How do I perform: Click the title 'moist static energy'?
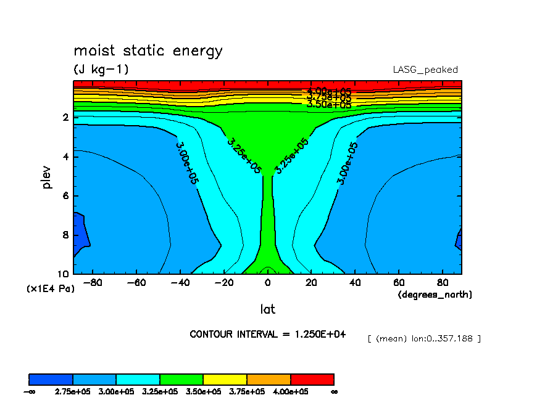click(x=148, y=51)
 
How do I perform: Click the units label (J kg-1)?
click(x=101, y=70)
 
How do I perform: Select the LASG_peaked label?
click(x=425, y=70)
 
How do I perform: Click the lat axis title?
click(x=267, y=309)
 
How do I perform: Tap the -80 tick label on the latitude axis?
click(x=91, y=283)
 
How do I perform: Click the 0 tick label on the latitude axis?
click(x=267, y=283)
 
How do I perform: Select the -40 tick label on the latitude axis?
click(x=180, y=283)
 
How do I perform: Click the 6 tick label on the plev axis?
click(x=66, y=196)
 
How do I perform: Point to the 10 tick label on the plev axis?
click(x=64, y=274)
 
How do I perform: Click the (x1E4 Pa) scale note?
click(x=50, y=288)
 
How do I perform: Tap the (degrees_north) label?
click(x=435, y=295)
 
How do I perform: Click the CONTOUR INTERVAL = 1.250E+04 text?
click(x=268, y=334)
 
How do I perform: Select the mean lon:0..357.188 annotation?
click(x=423, y=338)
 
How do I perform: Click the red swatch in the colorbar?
click(x=312, y=379)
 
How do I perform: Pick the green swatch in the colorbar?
click(x=181, y=379)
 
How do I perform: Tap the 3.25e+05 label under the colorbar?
click(x=160, y=391)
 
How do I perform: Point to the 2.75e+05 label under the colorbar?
click(x=73, y=391)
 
